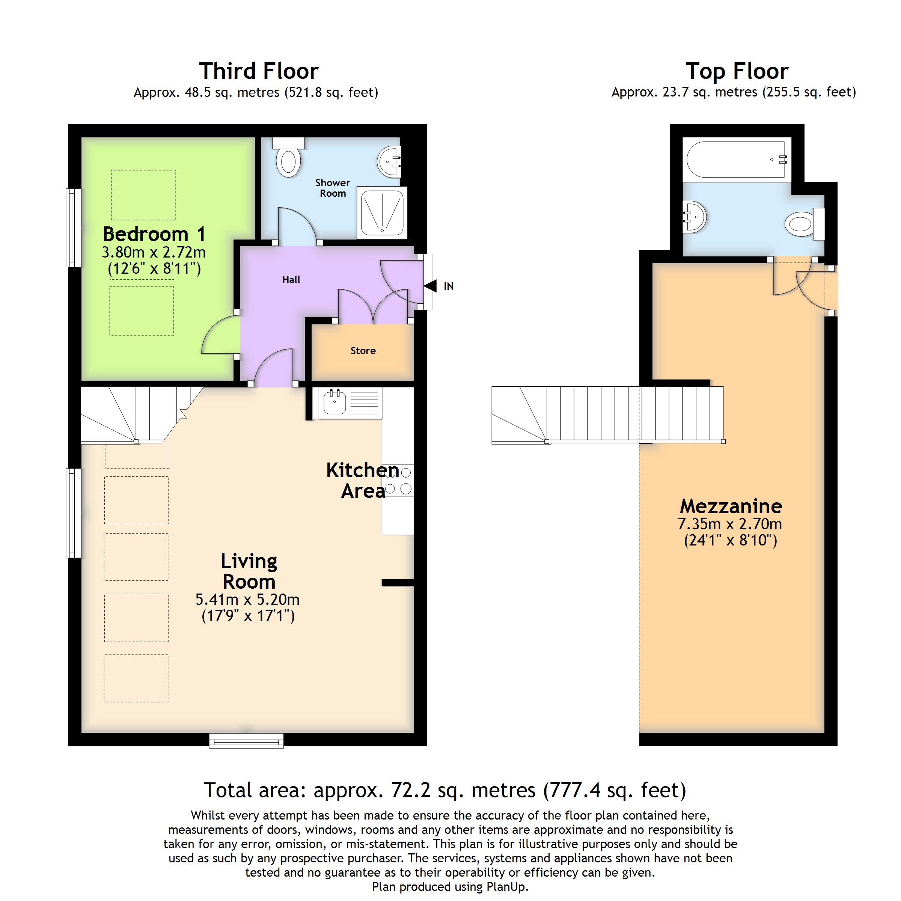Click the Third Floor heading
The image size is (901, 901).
pyautogui.click(x=259, y=71)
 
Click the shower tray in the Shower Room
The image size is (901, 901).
pyautogui.click(x=382, y=212)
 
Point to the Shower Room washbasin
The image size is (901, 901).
pyautogui.click(x=389, y=162)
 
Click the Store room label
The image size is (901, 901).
pyautogui.click(x=363, y=351)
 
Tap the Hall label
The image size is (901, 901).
pyautogui.click(x=291, y=280)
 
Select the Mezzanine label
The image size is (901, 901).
pyautogui.click(x=731, y=506)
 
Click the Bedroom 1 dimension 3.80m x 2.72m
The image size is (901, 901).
pyautogui.click(x=154, y=252)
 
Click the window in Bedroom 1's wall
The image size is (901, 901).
pyautogui.click(x=74, y=228)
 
